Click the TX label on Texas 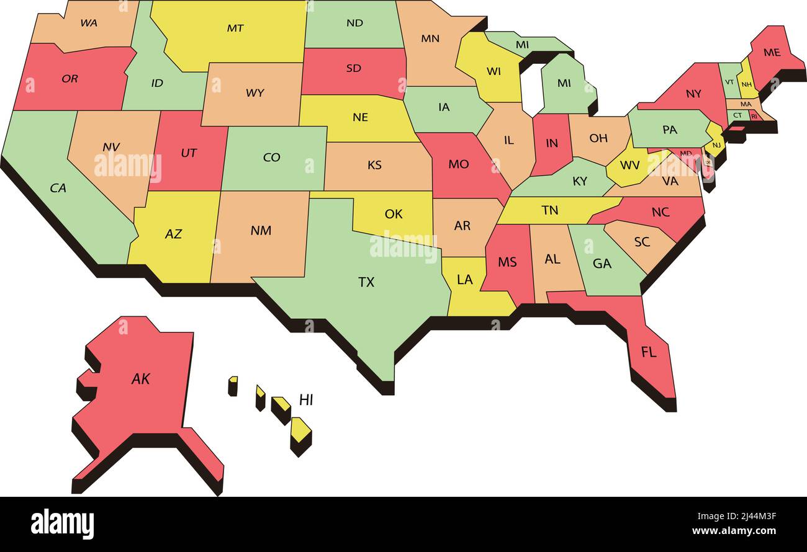[366, 282]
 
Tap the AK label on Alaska [141, 379]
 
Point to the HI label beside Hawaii [306, 400]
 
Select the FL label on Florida [649, 352]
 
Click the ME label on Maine [772, 53]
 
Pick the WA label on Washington [89, 23]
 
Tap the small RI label [754, 116]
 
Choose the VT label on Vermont [729, 82]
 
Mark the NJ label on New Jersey [716, 145]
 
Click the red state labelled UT [189, 153]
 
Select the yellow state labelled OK [394, 214]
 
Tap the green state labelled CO [272, 158]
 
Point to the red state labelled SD [353, 68]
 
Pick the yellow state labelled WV [629, 166]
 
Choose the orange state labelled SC [642, 242]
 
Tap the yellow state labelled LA [464, 280]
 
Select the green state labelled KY [580, 181]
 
